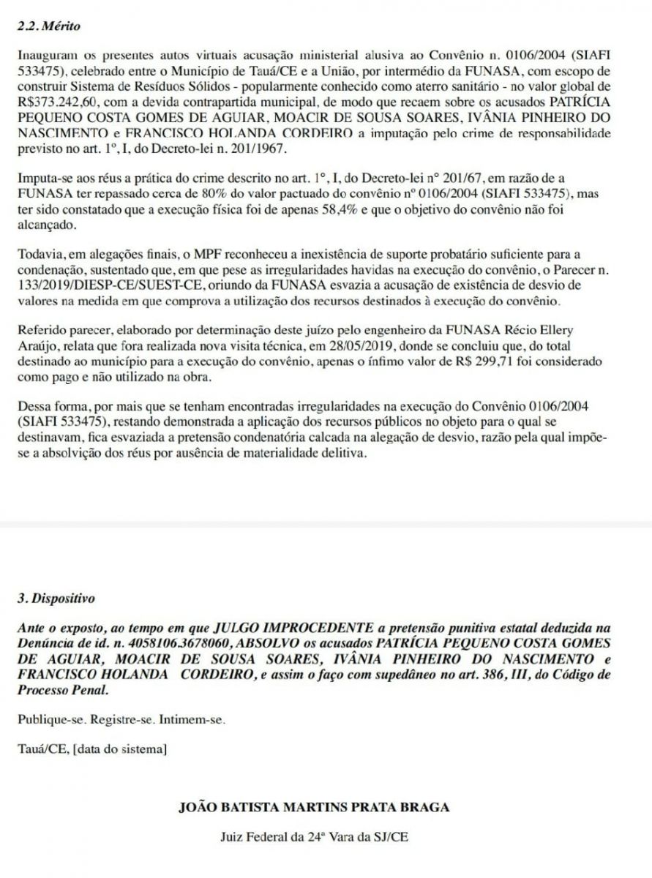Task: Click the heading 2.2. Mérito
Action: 49,26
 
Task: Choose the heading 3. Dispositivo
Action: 56,598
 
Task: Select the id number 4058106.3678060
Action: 169,642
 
